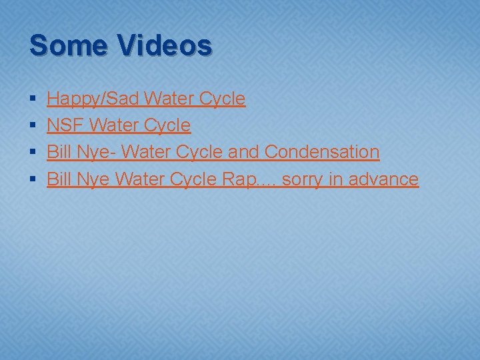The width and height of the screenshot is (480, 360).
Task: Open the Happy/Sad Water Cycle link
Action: [x=146, y=99]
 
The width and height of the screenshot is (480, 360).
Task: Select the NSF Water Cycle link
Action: [x=119, y=125]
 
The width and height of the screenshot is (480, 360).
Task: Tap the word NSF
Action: [x=65, y=125]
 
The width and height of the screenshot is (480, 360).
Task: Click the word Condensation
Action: [x=322, y=152]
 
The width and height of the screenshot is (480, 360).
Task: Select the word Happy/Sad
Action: [x=92, y=99]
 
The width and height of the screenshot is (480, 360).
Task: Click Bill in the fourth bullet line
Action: [x=59, y=179]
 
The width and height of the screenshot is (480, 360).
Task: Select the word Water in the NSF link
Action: [x=111, y=125]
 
